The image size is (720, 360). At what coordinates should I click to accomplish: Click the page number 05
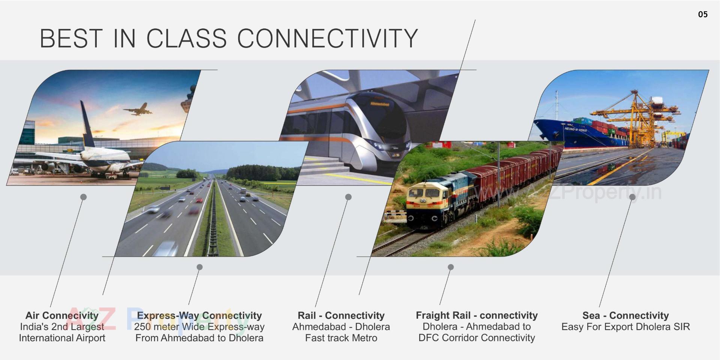pos(703,14)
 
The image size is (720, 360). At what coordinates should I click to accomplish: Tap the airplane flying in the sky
pos(138,109)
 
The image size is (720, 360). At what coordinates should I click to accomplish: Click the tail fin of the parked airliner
pos(87,124)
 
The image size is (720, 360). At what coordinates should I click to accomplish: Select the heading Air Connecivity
pos(62,315)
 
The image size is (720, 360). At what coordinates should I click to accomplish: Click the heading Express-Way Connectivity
pos(199,315)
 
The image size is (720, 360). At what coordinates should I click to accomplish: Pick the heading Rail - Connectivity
pos(341,315)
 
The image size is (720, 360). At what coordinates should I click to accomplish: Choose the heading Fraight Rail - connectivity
pos(477,315)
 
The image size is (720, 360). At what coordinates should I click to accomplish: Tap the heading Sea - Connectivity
pos(625,315)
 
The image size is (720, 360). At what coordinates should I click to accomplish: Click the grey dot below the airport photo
pos(84,197)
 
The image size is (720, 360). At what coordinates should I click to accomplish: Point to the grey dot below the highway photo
pos(199,267)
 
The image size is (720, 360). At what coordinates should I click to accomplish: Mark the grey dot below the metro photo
pos(348,197)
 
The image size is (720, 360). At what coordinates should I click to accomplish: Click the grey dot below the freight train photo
pos(451,267)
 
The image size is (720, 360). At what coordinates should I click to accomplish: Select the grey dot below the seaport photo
pos(632,197)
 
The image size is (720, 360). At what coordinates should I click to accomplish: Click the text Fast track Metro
pos(341,338)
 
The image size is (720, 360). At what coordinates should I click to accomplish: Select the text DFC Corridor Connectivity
pos(477,338)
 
